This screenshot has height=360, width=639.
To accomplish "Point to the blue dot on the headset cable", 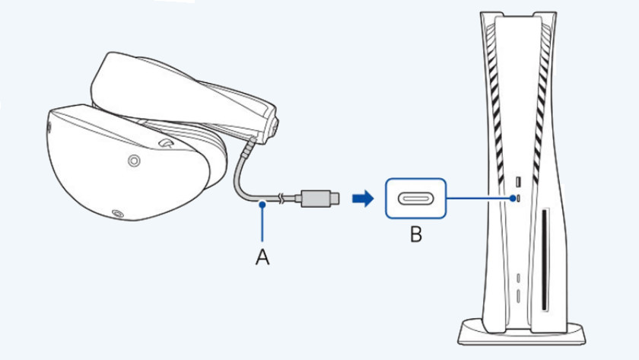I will click(x=262, y=203).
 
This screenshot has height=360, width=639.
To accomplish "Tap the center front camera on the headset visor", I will click(x=134, y=161).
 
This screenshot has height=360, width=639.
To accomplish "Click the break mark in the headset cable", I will click(x=281, y=199).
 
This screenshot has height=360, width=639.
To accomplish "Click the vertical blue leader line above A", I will click(x=262, y=225).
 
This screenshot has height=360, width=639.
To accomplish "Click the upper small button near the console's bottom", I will click(x=517, y=278).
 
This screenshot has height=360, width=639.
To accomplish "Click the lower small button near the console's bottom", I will click(x=517, y=294).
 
